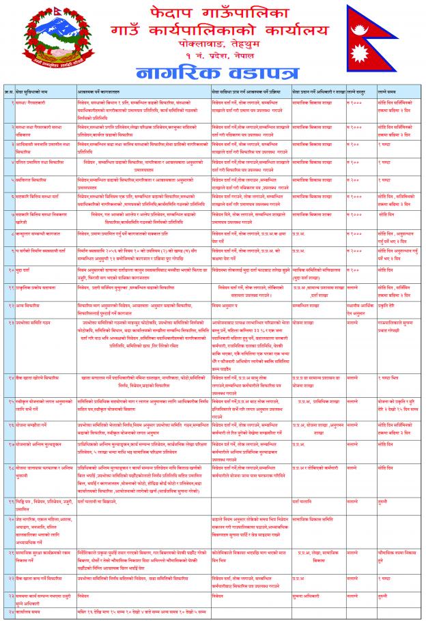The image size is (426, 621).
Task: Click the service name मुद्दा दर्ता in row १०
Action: [23, 271]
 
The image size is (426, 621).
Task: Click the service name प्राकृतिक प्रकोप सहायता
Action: [33, 288]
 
